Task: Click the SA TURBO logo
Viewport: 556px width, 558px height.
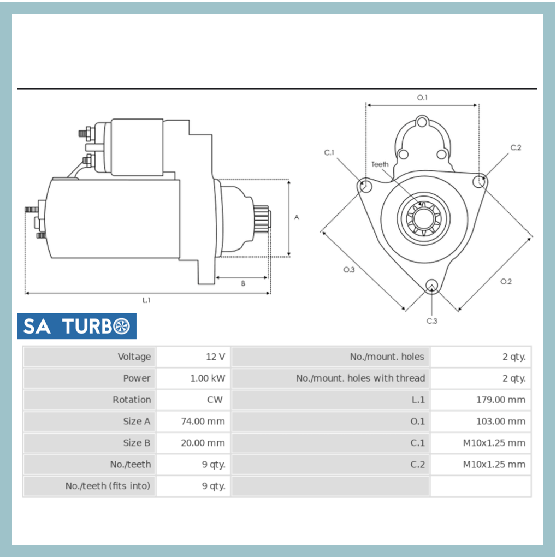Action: [x=76, y=326]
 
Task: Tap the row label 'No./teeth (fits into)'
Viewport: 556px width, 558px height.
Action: [x=108, y=486]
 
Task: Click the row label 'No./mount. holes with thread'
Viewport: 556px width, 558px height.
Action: [x=360, y=378]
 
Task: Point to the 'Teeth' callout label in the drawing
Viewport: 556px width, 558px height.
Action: [x=380, y=164]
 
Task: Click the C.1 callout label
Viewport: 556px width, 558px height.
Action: [x=329, y=152]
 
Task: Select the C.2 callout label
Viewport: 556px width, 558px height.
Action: [x=516, y=147]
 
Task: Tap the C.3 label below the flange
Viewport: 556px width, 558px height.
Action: [x=431, y=321]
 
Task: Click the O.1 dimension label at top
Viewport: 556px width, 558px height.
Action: [x=422, y=97]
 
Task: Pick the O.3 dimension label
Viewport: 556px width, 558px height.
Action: [x=349, y=269]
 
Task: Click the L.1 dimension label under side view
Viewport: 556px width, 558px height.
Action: [x=146, y=300]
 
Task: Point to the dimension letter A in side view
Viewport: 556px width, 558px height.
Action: [x=297, y=217]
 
